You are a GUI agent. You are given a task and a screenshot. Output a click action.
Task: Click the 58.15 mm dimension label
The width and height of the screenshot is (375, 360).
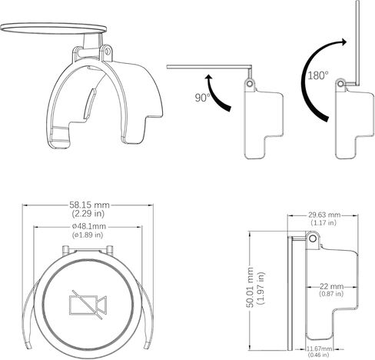pyautogui.click(x=89, y=205)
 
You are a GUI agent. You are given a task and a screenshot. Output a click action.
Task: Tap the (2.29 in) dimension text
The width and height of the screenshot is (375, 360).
pyautogui.click(x=88, y=213)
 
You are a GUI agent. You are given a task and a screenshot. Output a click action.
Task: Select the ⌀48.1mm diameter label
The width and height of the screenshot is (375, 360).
pyautogui.click(x=89, y=226)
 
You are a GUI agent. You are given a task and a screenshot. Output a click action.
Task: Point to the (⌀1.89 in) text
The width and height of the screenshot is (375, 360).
pyautogui.click(x=88, y=235)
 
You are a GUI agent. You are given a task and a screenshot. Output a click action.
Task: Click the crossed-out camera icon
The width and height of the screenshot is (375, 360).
pyautogui.click(x=88, y=305)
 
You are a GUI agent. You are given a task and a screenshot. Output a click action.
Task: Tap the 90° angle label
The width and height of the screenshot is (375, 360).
pyautogui.click(x=202, y=98)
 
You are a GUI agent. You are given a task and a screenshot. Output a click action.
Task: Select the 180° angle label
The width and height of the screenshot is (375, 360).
pyautogui.click(x=318, y=75)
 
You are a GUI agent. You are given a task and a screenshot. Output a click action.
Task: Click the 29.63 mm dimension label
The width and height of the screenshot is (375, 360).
pyautogui.click(x=324, y=215)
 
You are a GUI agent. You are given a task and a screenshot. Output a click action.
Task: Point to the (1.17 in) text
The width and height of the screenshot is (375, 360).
pyautogui.click(x=324, y=222)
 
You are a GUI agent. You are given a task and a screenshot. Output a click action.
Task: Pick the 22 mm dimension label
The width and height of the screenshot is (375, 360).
pyautogui.click(x=331, y=286)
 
